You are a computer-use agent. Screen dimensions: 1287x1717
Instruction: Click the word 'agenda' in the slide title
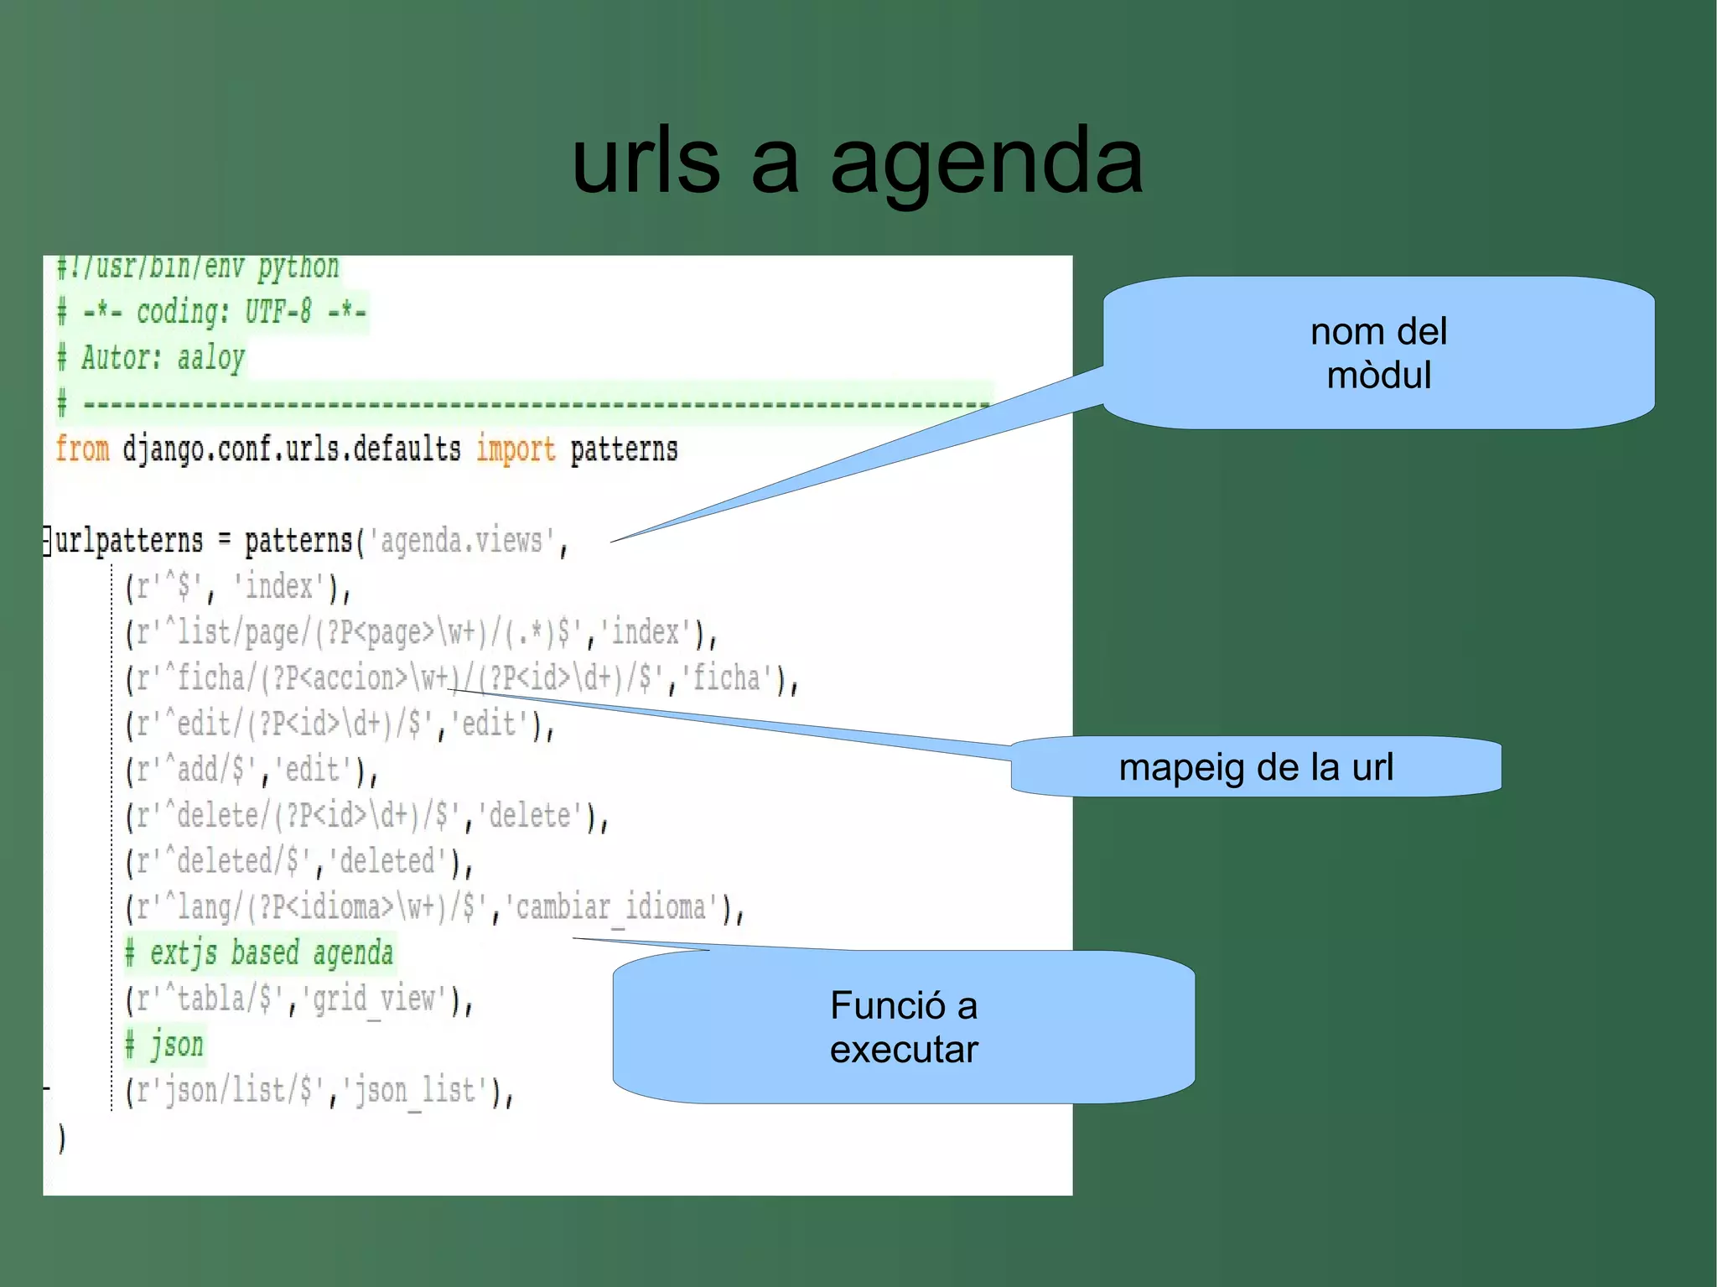coord(986,161)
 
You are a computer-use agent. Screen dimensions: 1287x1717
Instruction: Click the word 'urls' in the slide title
coord(646,161)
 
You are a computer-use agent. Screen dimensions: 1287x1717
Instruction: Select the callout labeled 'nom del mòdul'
coord(1378,353)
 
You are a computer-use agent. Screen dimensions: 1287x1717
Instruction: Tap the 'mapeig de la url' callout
coord(1255,767)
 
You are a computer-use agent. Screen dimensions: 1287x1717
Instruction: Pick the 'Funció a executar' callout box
coord(904,1027)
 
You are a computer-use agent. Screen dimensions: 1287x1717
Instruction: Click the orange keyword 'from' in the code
coord(82,449)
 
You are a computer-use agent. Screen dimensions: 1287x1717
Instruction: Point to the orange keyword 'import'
coord(516,449)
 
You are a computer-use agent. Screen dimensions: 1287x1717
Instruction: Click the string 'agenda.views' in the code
coord(461,541)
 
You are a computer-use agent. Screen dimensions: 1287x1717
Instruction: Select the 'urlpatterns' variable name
coord(129,541)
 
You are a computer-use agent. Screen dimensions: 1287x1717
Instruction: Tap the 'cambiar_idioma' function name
coord(615,907)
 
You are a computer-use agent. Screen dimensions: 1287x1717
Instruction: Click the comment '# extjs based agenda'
coord(259,953)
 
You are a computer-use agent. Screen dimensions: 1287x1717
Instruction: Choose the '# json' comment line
coord(164,1045)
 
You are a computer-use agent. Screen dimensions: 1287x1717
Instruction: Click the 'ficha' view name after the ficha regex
coord(726,677)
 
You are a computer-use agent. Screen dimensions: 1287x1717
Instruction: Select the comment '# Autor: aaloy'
coord(151,358)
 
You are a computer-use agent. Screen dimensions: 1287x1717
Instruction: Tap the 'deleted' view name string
coord(387,861)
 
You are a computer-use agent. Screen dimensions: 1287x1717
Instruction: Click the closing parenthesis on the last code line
coord(61,1139)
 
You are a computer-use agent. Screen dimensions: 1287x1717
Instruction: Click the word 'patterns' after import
coord(624,449)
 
